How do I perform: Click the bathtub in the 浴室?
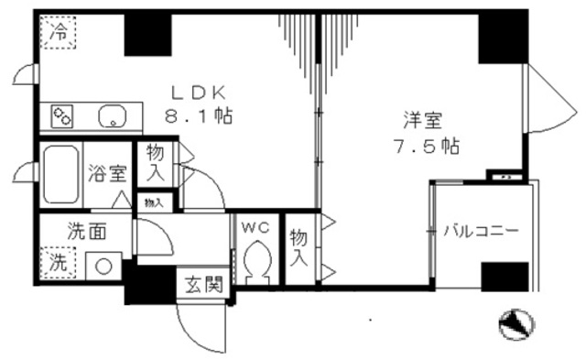(60, 171)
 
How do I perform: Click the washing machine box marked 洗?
(57, 263)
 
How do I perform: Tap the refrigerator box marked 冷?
(58, 33)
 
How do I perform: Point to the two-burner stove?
(63, 116)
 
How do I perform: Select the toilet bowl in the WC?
(255, 259)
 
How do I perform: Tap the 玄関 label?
(203, 284)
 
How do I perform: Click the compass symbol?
(513, 322)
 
